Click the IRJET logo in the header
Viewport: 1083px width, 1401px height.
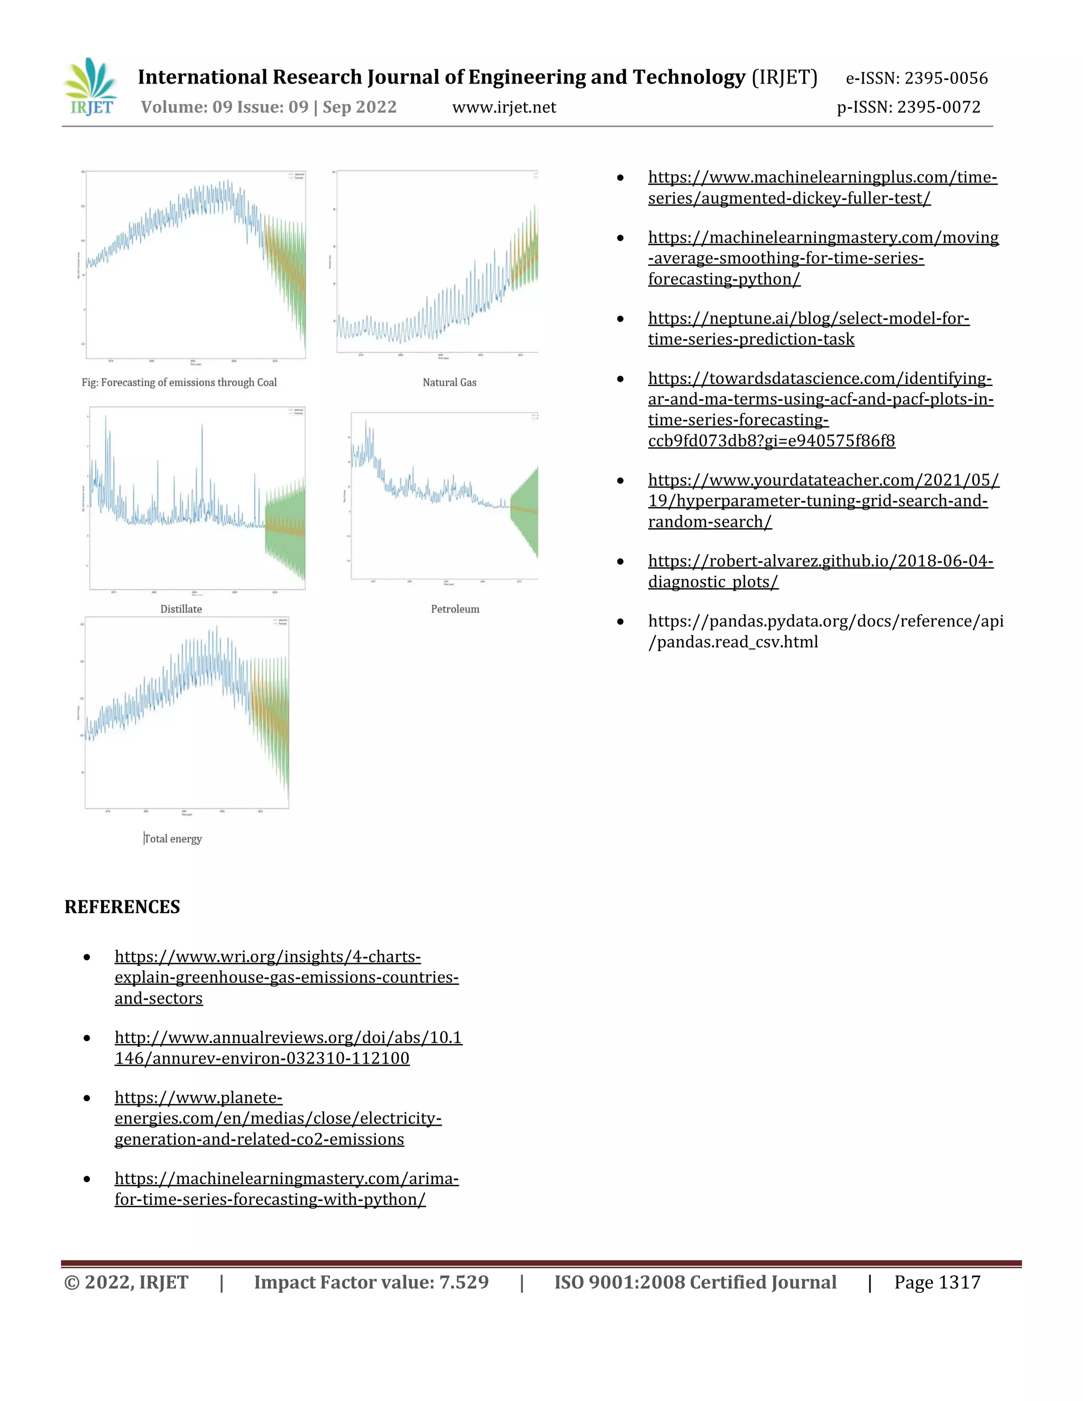91,87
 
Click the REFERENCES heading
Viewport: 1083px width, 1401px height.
122,906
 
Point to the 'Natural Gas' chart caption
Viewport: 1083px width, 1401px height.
449,382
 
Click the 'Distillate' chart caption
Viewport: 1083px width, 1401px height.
181,609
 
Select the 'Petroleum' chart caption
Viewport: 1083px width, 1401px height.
455,609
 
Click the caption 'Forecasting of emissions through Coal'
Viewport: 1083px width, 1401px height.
179,382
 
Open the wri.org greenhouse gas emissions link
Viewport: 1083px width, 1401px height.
286,977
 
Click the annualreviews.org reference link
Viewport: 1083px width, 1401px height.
288,1047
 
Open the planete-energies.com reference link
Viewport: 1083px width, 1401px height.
278,1118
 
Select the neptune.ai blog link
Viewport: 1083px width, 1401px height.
808,328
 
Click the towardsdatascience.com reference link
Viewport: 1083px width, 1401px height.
820,409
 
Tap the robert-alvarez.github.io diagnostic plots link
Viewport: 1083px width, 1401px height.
820,571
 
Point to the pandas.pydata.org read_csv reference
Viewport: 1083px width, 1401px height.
825,631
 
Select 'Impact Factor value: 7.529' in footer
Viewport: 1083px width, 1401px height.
371,1283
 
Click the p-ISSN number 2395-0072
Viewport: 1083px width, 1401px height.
908,107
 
